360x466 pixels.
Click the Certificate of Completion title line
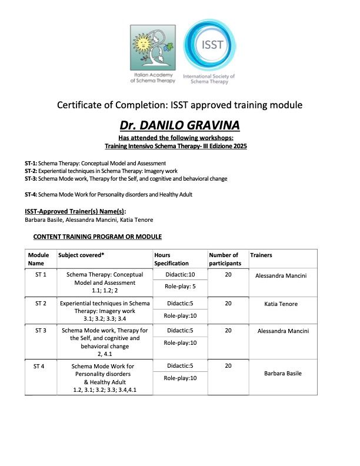pyautogui.click(x=179, y=105)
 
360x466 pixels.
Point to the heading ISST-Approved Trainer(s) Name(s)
pyautogui.click(x=75, y=211)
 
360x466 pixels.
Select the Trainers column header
pyautogui.click(x=261, y=255)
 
